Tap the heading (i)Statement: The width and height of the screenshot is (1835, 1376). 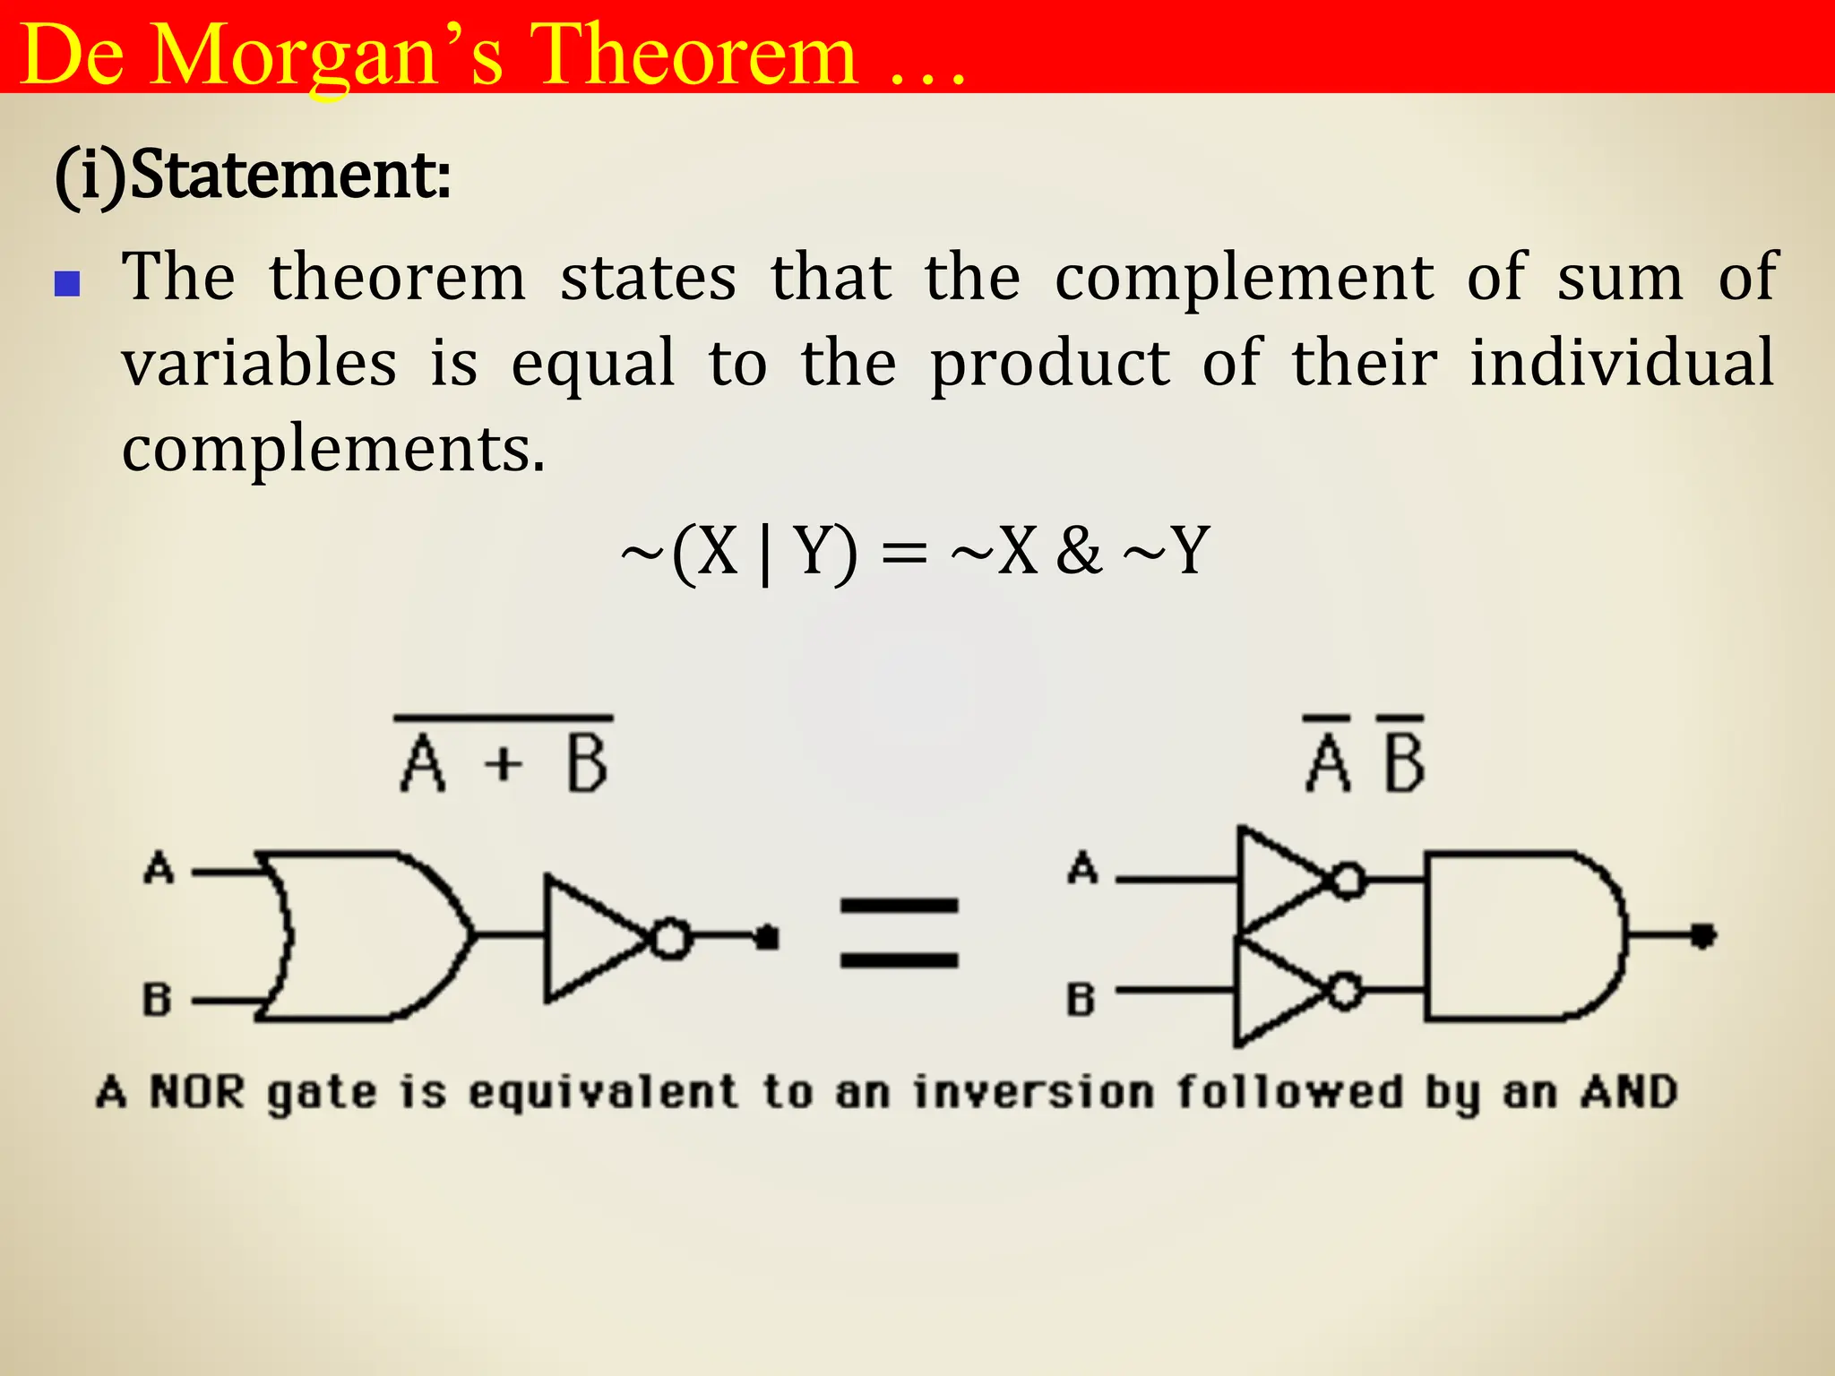point(253,175)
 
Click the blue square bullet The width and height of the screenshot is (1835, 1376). point(67,285)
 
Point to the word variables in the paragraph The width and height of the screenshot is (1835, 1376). point(260,363)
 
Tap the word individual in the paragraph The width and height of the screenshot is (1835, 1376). point(1622,363)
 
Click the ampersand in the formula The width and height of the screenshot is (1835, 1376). point(1078,551)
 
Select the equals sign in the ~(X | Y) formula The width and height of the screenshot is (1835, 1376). point(903,553)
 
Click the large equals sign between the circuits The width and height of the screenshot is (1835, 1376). point(899,933)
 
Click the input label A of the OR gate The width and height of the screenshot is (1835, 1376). point(159,868)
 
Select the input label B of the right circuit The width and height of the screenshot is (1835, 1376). point(1081,999)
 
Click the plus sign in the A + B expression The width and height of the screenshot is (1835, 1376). point(504,764)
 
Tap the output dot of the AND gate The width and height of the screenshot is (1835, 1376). point(1702,936)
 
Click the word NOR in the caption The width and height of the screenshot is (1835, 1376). point(196,1092)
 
